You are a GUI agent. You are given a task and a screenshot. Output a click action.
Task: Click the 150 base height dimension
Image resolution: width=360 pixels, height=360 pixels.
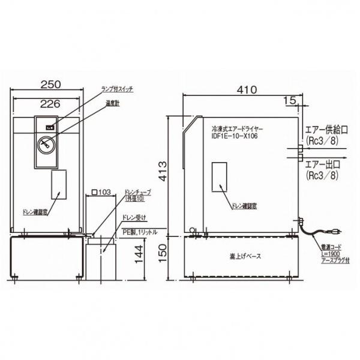(x=171, y=256)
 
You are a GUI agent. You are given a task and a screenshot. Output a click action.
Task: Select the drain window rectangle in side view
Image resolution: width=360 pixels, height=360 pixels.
(x=220, y=176)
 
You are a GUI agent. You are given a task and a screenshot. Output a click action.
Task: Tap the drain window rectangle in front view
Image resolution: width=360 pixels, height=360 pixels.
(x=58, y=184)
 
